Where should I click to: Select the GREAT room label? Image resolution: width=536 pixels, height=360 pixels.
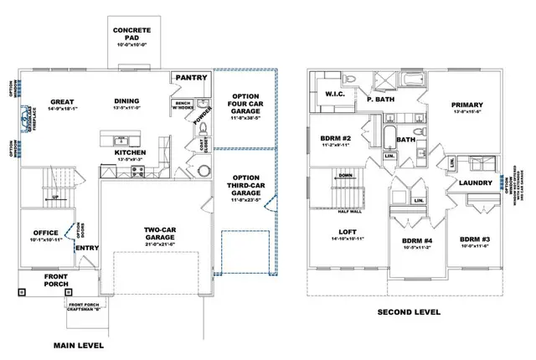click(61, 102)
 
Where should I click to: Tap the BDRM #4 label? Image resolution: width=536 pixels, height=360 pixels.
click(412, 242)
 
